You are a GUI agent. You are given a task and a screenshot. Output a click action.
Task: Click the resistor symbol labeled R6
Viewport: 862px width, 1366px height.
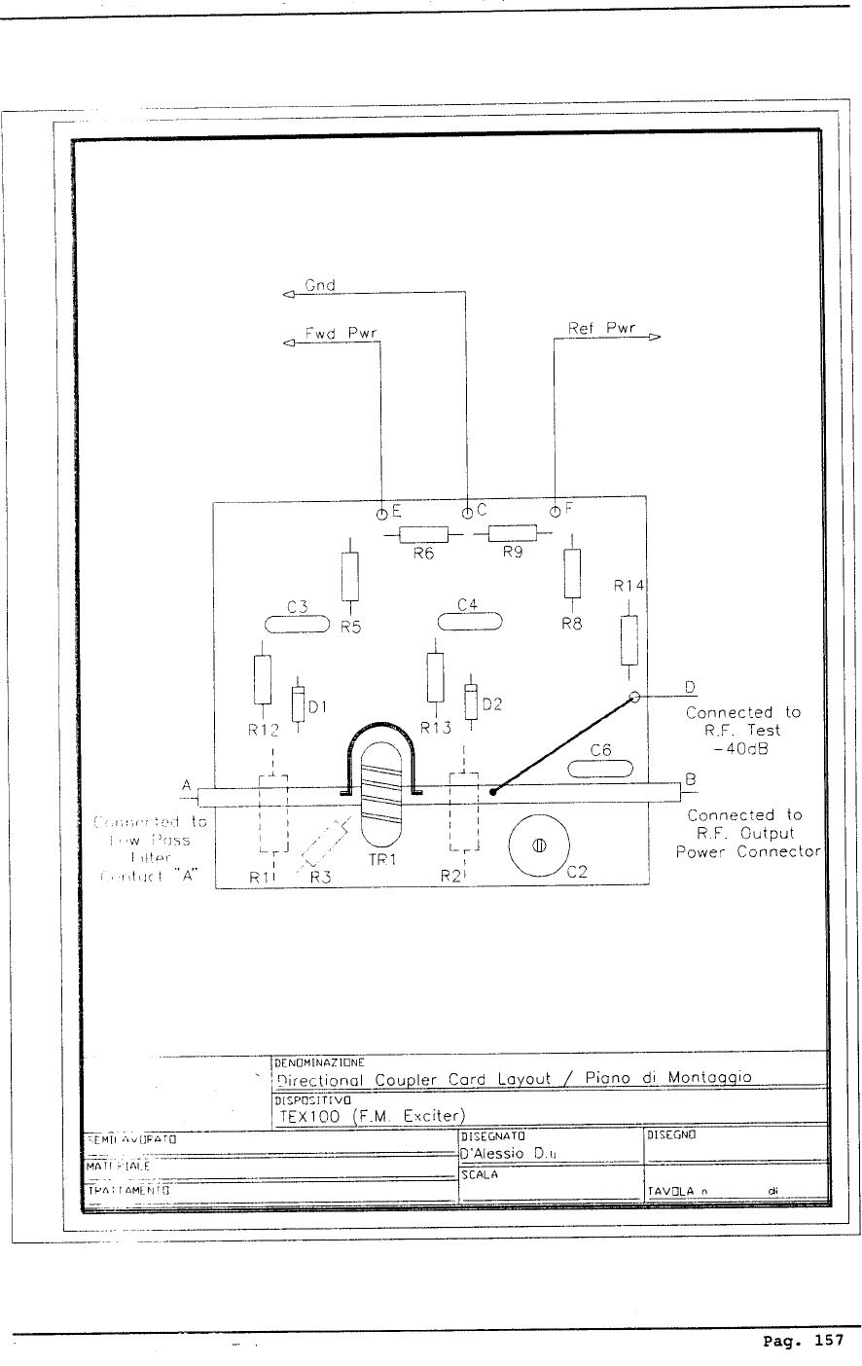pos(423,533)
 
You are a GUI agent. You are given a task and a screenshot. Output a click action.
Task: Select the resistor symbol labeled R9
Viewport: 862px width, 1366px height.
pos(512,532)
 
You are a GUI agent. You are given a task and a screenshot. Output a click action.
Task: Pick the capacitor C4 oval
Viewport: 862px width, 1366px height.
pos(470,620)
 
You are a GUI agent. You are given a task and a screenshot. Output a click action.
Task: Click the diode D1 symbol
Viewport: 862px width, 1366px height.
pos(298,705)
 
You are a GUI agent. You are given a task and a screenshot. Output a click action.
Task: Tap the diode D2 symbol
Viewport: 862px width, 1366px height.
pos(472,701)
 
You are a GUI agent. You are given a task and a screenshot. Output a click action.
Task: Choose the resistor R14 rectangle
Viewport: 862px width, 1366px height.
pos(629,640)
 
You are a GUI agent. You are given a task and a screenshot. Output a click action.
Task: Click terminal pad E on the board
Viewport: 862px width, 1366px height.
pos(382,511)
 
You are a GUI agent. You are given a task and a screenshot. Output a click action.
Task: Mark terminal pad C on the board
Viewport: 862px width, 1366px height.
pos(468,511)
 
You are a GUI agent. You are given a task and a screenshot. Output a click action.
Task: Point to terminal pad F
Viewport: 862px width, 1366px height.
pos(555,510)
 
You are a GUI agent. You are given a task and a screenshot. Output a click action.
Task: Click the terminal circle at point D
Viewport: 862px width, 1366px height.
pos(634,697)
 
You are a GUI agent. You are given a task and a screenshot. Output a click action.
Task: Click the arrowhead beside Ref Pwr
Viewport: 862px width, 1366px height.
pos(654,338)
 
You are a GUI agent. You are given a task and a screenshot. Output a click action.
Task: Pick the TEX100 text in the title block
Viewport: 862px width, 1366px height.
pos(307,1115)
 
